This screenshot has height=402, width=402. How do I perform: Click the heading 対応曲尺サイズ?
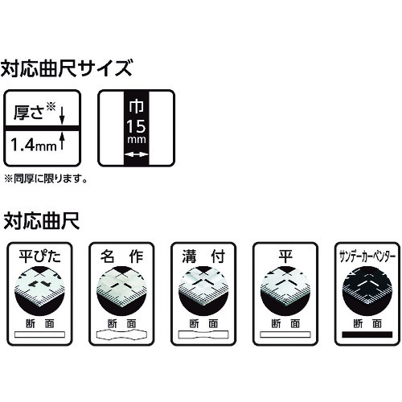click(66, 68)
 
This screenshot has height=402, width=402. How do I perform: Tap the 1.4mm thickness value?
click(34, 146)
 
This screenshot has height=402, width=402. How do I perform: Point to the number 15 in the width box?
click(136, 126)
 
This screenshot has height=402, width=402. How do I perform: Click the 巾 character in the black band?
click(136, 106)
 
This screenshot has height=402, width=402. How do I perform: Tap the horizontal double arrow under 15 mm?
click(137, 154)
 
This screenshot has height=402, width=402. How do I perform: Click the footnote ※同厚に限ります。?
click(46, 178)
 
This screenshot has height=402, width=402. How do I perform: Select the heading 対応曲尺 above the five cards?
click(42, 221)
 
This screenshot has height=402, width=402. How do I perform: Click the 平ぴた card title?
click(39, 256)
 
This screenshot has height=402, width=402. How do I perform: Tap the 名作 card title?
click(121, 256)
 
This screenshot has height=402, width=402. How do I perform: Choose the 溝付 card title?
click(203, 256)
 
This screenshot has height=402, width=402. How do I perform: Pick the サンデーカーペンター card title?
click(367, 256)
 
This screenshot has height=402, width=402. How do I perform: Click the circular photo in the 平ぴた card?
click(39, 291)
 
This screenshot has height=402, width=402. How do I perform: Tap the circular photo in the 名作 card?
click(121, 291)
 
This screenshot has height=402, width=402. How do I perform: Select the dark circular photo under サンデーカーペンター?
click(367, 291)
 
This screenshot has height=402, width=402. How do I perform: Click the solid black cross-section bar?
click(367, 334)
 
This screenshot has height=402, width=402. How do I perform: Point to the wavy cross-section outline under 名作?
click(121, 334)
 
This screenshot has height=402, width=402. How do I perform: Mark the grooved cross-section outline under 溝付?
click(203, 334)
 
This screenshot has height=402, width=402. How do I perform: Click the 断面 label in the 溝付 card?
click(203, 324)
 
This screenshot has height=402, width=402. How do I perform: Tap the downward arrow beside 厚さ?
click(62, 115)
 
